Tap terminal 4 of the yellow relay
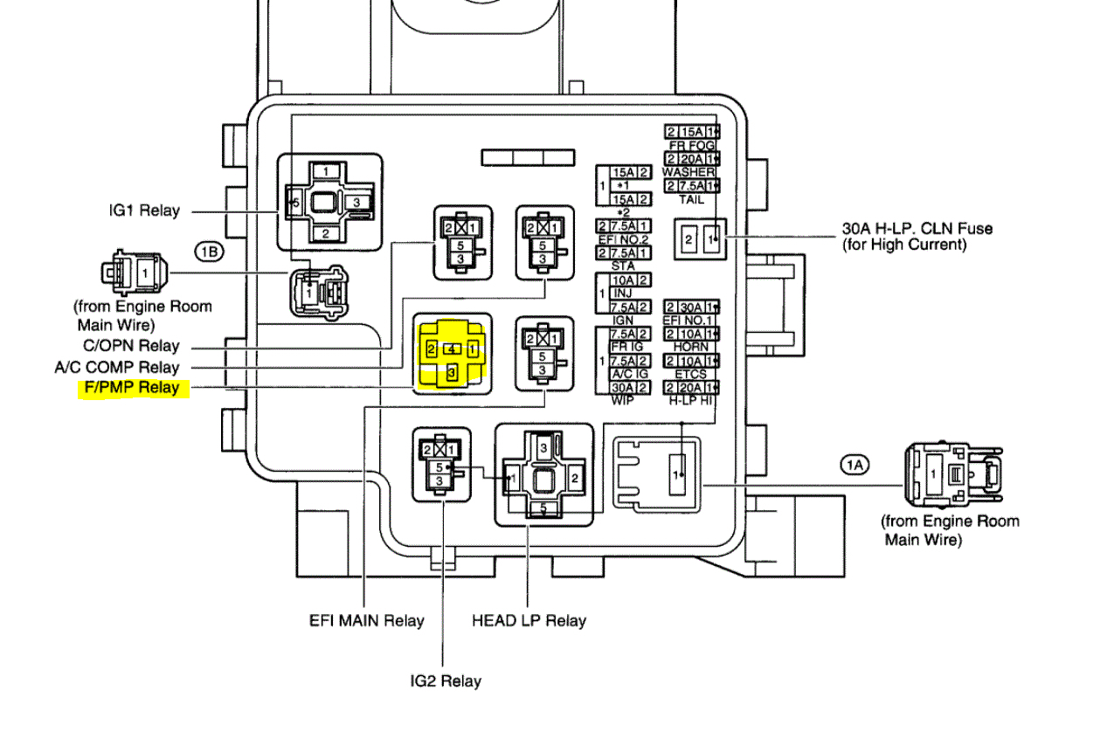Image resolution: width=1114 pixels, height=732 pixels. click(451, 349)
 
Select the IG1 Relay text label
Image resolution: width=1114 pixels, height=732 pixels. click(144, 211)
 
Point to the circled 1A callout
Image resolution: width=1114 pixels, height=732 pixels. click(856, 466)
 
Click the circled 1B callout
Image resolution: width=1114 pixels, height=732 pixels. click(209, 252)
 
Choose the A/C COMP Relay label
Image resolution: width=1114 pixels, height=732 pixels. click(116, 367)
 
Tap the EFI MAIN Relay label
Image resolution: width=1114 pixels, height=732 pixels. click(366, 621)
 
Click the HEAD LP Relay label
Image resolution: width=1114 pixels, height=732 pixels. click(529, 621)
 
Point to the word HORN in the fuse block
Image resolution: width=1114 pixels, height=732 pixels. click(690, 347)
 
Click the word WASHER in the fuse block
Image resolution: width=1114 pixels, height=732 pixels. click(689, 172)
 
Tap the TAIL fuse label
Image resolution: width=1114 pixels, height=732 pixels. click(691, 198)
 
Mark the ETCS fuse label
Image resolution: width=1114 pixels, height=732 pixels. click(690, 374)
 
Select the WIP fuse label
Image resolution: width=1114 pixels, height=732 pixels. click(623, 400)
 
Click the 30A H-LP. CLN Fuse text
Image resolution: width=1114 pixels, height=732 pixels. click(917, 229)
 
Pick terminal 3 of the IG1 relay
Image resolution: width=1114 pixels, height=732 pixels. click(356, 202)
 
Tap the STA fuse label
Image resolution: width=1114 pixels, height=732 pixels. click(623, 265)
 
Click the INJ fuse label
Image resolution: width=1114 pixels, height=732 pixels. click(623, 293)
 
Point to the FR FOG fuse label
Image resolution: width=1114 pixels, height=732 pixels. click(690, 145)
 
